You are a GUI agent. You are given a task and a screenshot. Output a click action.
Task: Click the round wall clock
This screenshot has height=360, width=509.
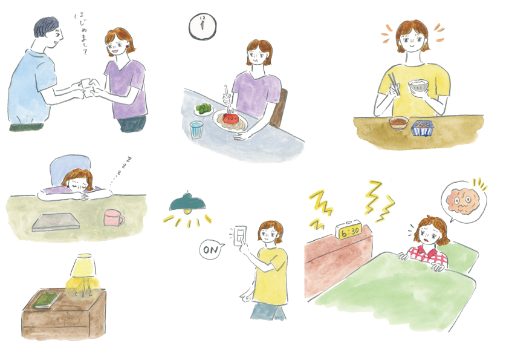tap(203, 27)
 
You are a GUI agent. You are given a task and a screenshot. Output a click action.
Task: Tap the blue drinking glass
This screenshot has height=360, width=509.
tap(196, 129)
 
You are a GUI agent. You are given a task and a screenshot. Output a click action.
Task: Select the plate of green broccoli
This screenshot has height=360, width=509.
tap(203, 109)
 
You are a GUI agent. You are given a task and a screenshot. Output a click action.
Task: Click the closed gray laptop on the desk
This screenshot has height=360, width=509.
tap(56, 221)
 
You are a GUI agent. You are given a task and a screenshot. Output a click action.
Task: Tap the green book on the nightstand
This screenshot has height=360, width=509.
tap(46, 300)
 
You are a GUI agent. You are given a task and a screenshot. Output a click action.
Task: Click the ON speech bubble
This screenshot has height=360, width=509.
tap(212, 249)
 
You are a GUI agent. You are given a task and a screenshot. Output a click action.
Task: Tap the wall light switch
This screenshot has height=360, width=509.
tap(240, 236)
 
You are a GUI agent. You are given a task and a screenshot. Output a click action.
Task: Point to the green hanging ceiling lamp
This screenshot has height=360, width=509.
tap(187, 203)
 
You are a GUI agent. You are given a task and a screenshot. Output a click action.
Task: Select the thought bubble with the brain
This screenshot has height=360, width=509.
tap(463, 201)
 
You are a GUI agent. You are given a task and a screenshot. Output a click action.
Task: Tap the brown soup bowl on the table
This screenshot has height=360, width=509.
tap(398, 123)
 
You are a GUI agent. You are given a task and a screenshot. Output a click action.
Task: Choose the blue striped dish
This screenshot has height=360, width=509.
tap(423, 128)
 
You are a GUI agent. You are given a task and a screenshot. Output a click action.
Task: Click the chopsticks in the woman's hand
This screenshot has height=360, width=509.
tap(394, 84)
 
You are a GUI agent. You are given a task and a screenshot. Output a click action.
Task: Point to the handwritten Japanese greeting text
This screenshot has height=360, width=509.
tap(81, 33)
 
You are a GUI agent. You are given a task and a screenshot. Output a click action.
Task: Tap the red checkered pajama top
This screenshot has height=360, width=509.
tap(427, 254)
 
